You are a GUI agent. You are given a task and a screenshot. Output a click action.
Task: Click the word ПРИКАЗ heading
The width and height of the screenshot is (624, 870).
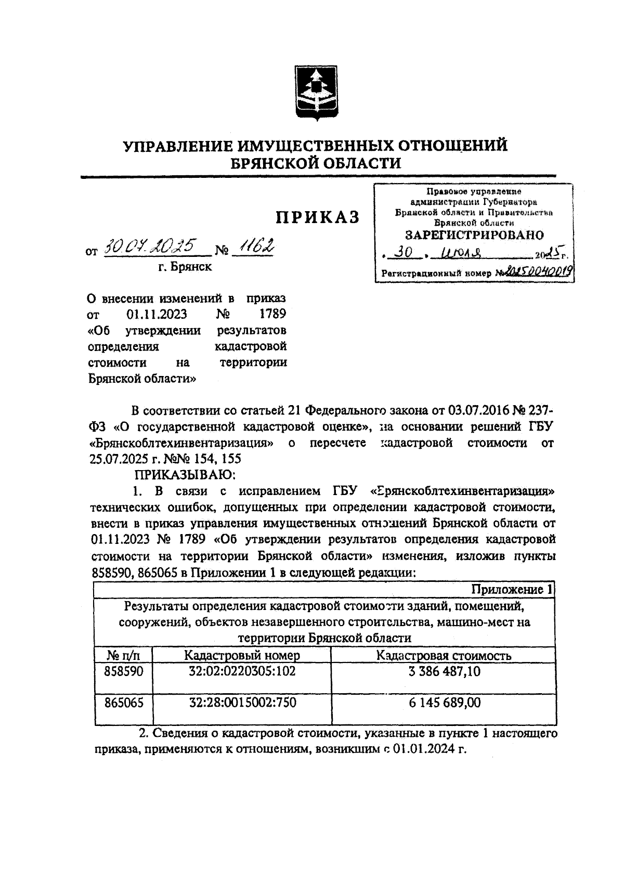click(x=317, y=217)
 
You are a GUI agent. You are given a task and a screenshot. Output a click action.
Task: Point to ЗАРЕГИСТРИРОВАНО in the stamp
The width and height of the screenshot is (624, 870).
click(x=474, y=235)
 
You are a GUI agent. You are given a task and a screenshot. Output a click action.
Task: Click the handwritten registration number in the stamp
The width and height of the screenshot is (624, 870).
click(x=538, y=270)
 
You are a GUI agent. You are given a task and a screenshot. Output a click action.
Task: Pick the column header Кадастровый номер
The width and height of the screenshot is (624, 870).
click(x=242, y=655)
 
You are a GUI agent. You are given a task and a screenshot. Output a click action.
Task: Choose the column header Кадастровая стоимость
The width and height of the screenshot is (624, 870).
click(x=444, y=655)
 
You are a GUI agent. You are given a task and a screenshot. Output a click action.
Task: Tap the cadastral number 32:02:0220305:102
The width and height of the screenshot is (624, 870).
click(x=242, y=671)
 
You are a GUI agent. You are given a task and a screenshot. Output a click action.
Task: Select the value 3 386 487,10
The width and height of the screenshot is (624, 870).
click(x=444, y=671)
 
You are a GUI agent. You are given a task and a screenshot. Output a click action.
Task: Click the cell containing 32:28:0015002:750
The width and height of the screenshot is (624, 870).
click(x=242, y=703)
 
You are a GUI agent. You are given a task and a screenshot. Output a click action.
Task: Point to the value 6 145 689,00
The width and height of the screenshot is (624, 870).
click(x=444, y=703)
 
